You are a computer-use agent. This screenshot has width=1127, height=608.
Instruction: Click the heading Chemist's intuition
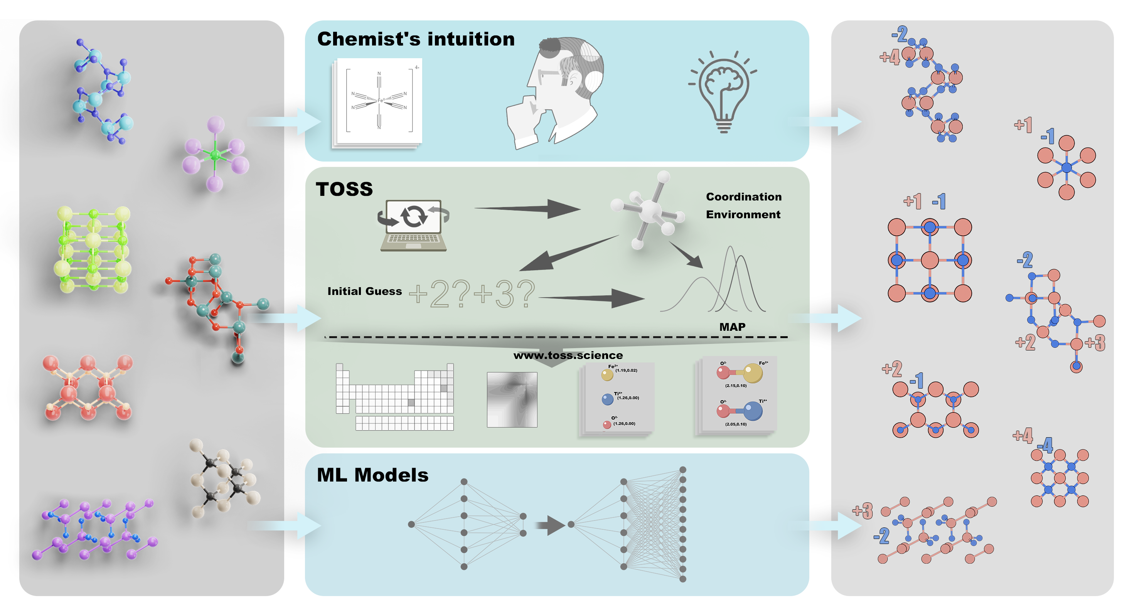tap(416, 39)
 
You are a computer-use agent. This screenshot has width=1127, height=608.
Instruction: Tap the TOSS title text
tap(344, 189)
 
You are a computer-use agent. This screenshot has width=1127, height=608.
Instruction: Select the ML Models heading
tap(372, 475)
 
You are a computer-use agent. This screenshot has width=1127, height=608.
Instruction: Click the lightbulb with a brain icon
tap(723, 92)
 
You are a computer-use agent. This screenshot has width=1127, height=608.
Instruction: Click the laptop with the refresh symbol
tap(413, 225)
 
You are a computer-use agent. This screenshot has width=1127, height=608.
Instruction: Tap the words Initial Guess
tap(364, 291)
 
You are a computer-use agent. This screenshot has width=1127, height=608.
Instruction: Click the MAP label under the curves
tap(732, 327)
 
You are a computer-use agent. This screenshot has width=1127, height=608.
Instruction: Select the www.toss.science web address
tap(568, 355)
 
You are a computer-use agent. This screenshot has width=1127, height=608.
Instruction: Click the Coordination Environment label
tap(743, 205)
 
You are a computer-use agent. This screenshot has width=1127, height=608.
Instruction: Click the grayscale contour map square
tap(512, 399)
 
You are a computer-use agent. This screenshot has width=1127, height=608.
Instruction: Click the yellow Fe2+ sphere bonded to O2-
tap(753, 373)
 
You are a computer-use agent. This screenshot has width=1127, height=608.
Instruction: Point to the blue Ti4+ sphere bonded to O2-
tap(753, 411)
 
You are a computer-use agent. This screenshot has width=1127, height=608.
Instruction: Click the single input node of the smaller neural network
tap(411, 524)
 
